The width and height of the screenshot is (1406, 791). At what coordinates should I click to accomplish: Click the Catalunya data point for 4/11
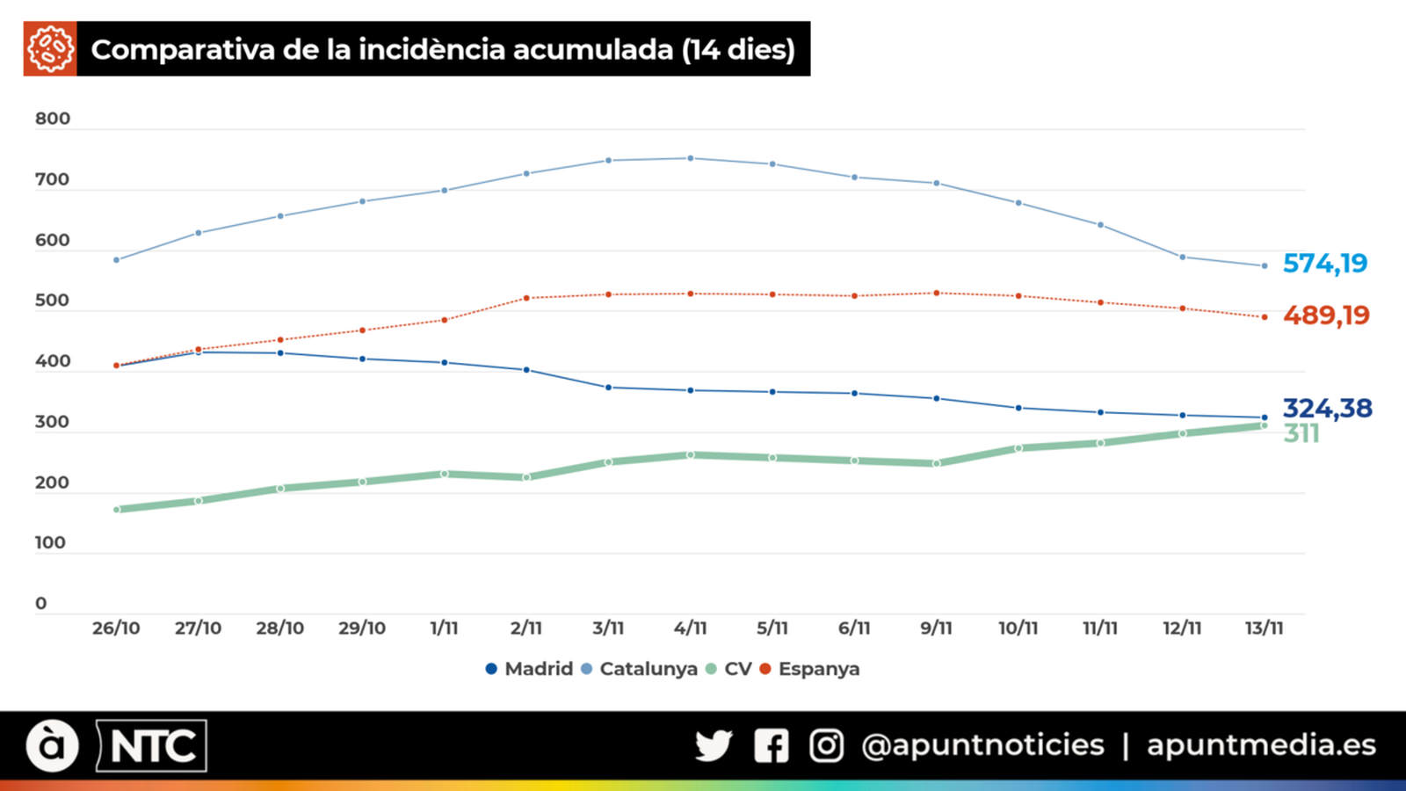tap(690, 158)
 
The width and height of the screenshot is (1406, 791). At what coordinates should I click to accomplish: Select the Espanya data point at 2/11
tap(526, 298)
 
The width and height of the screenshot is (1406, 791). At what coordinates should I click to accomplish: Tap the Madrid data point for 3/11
tap(608, 387)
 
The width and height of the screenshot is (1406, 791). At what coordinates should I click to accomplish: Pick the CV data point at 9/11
tap(936, 463)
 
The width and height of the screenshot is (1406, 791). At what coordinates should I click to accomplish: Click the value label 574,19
tap(1325, 263)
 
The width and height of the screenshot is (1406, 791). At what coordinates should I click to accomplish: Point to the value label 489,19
tap(1326, 315)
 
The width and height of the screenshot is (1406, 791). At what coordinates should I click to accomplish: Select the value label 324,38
tap(1327, 408)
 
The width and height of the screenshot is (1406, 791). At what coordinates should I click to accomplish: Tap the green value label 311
tap(1301, 433)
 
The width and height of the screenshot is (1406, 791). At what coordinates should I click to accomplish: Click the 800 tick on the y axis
tap(52, 119)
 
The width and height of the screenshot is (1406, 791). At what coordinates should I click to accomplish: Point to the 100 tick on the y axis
tap(50, 542)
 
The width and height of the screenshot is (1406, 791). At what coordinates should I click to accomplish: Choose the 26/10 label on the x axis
tap(116, 628)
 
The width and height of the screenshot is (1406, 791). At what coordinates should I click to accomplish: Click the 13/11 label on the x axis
tap(1264, 628)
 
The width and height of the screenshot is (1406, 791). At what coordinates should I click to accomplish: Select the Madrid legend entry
tap(529, 669)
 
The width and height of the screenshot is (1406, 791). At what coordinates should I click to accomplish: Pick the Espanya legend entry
tap(809, 669)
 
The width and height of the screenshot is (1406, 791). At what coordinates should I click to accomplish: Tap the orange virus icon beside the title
tap(50, 49)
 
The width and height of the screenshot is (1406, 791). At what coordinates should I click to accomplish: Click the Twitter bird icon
tap(713, 745)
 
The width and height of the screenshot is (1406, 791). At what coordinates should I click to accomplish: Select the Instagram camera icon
tap(826, 745)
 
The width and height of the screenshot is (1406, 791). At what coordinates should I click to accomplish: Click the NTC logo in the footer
tap(152, 746)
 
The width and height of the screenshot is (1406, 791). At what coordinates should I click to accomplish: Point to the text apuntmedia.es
tap(1261, 744)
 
